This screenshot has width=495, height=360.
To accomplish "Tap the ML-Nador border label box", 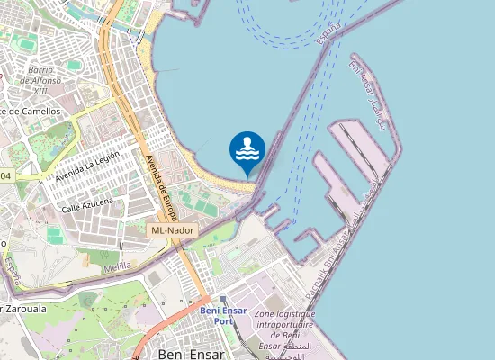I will (172, 230).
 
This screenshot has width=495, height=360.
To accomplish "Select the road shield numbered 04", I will (7, 176).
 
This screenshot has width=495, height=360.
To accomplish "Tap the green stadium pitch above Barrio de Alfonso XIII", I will (25, 43).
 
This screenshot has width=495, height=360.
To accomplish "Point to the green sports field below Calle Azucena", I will (55, 236).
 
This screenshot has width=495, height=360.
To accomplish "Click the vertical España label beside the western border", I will (12, 265).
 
